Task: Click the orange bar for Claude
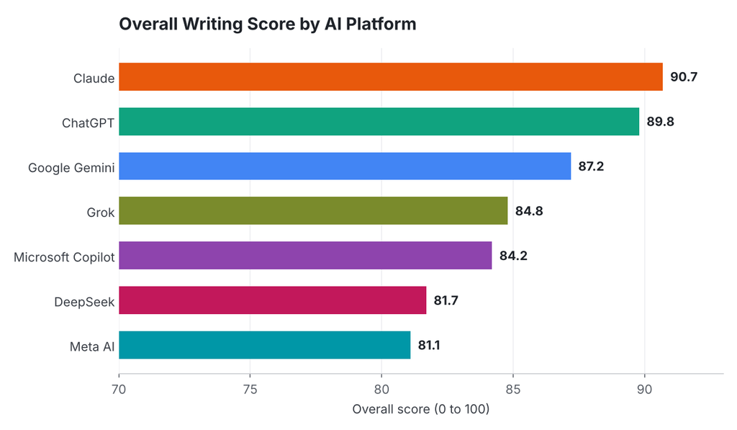(391, 76)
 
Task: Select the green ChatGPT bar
(379, 122)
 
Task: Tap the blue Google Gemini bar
(345, 166)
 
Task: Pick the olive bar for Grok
(313, 211)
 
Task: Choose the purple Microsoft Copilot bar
(305, 256)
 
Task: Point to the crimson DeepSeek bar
(273, 300)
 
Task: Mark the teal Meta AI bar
(265, 345)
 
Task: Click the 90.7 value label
(684, 76)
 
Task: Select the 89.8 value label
(661, 122)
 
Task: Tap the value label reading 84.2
(513, 256)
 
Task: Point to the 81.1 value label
(429, 345)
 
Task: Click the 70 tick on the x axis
(119, 390)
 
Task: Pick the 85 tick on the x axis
(513, 390)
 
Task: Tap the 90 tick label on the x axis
(644, 390)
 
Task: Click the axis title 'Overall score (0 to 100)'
(421, 409)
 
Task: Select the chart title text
(268, 24)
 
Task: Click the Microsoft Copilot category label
(64, 257)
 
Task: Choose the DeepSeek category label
(84, 302)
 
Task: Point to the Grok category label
(101, 212)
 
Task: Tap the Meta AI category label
(92, 346)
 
